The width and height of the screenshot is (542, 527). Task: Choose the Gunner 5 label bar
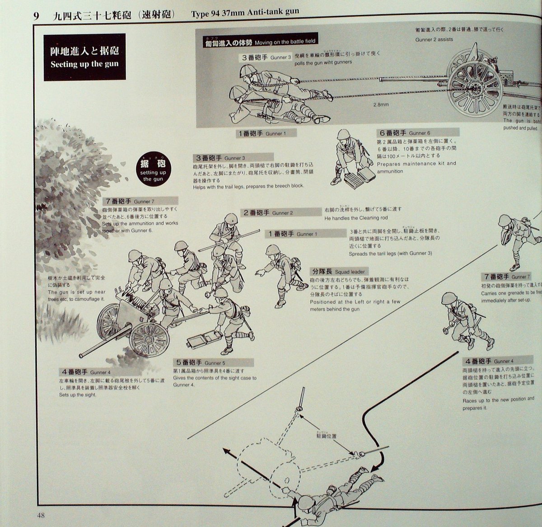(214, 362)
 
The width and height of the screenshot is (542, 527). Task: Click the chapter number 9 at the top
(37, 14)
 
